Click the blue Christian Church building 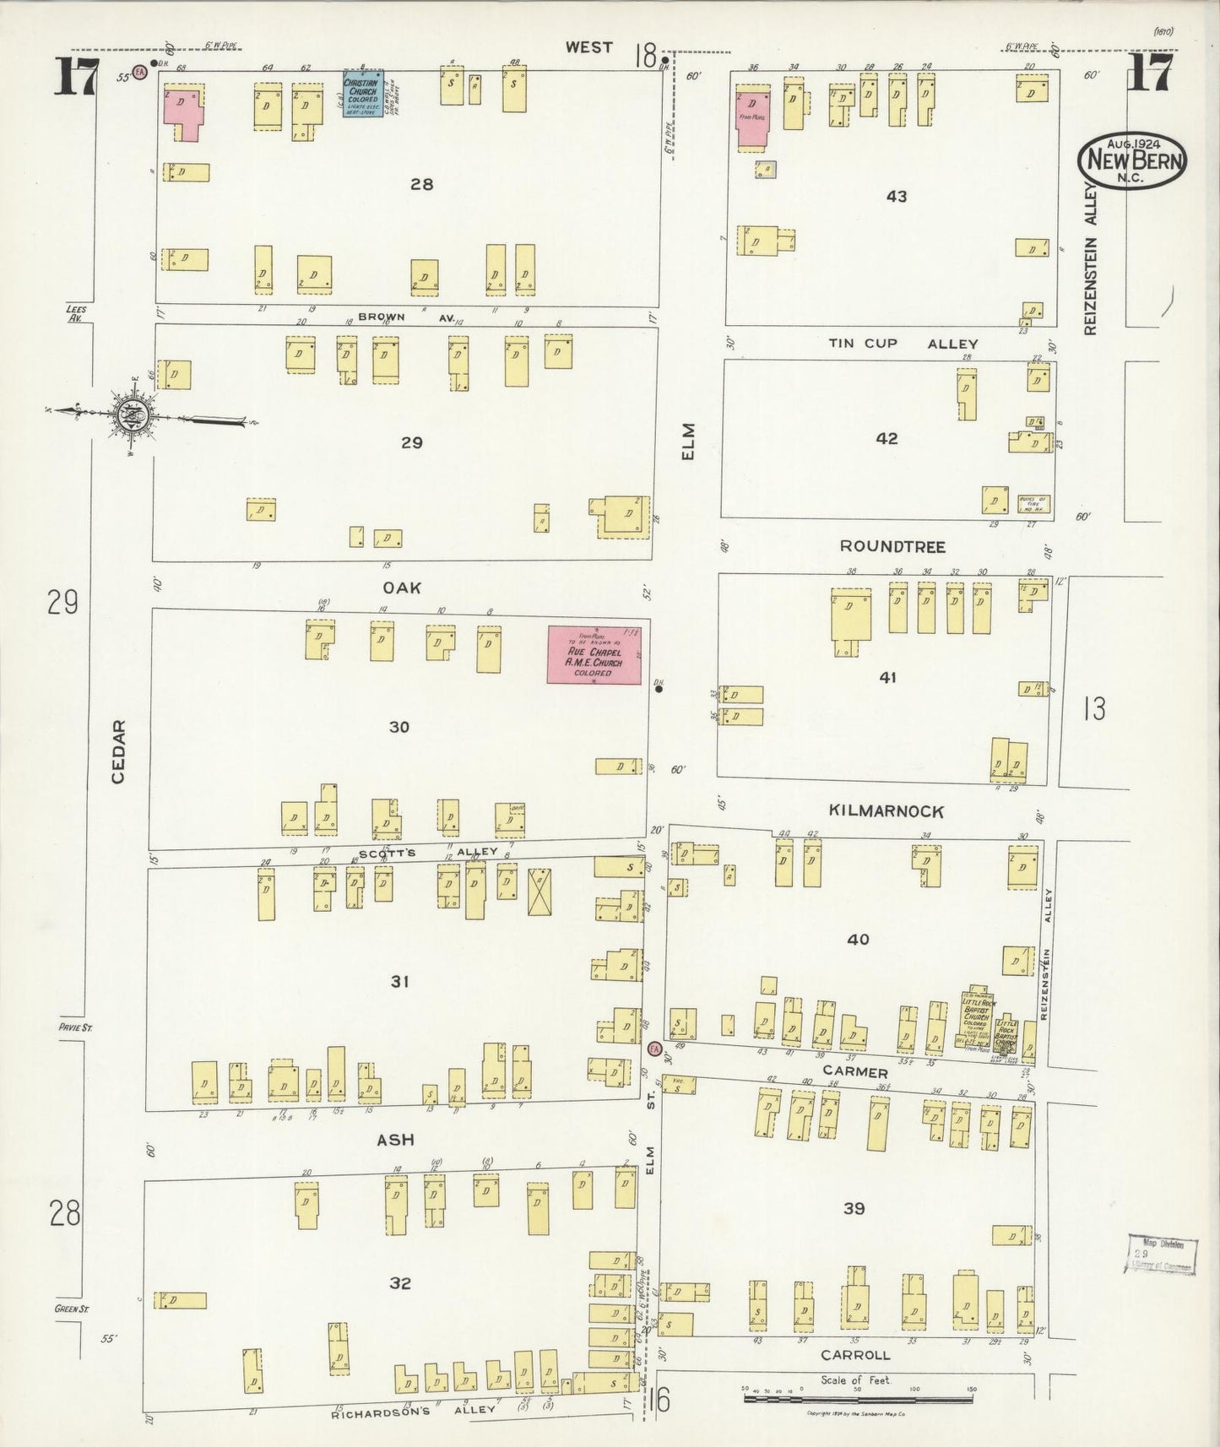[x=362, y=93]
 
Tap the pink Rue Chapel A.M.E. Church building [x=594, y=654]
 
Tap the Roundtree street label [x=892, y=547]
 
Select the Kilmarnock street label [x=886, y=811]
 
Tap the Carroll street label [x=855, y=1355]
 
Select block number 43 [x=897, y=196]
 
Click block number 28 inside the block [x=421, y=183]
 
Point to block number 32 [x=400, y=1283]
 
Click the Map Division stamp [x=1161, y=1253]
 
